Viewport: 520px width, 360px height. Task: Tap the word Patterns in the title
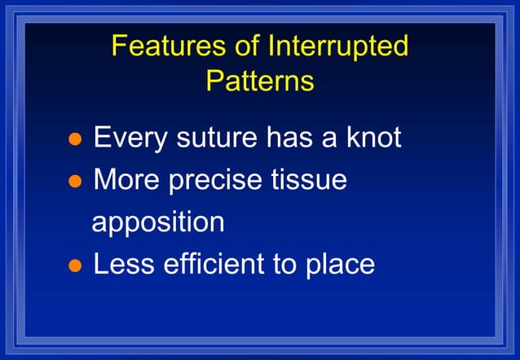click(260, 81)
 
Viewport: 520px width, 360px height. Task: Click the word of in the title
click(244, 46)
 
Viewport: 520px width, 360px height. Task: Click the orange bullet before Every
click(74, 139)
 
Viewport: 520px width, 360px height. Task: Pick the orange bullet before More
click(74, 182)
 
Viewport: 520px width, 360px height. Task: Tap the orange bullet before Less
click(74, 266)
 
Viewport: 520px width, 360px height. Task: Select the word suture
click(214, 138)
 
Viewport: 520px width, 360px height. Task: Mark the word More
click(126, 180)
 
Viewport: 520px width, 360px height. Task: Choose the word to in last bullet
click(286, 264)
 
